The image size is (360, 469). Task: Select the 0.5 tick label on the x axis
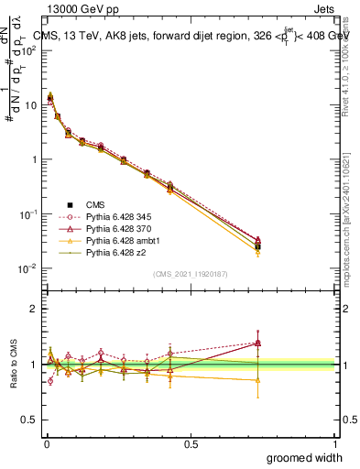coord(191,444)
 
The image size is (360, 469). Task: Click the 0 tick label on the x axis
coord(46,444)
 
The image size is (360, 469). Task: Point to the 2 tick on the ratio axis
coord(34,310)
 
